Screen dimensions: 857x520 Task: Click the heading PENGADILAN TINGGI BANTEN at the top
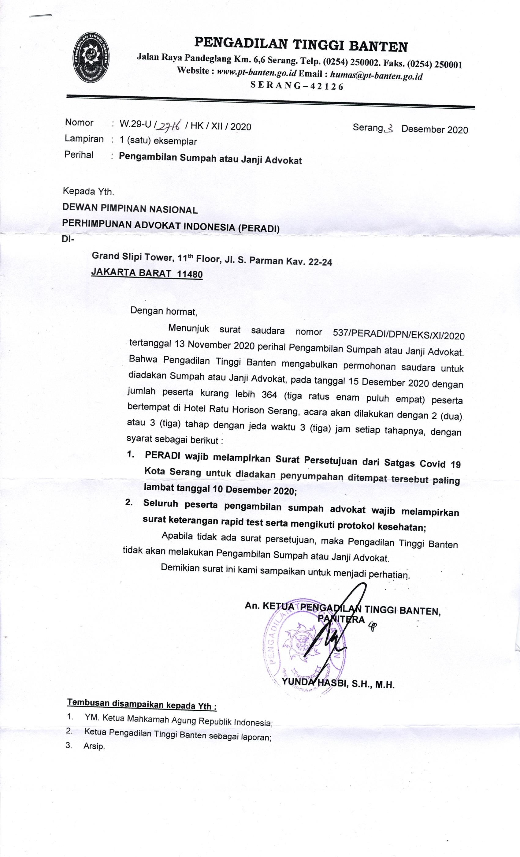[x=301, y=45]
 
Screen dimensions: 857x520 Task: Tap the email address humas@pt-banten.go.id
[x=376, y=75]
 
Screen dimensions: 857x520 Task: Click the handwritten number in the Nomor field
[x=168, y=125]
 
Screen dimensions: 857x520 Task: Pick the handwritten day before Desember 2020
[x=390, y=129]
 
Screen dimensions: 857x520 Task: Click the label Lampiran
[x=84, y=139]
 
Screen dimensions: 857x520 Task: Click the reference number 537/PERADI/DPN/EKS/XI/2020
[x=398, y=334]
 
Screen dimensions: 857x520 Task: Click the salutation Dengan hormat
[x=163, y=311]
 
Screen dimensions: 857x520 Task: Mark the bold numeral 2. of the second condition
[x=129, y=503]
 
